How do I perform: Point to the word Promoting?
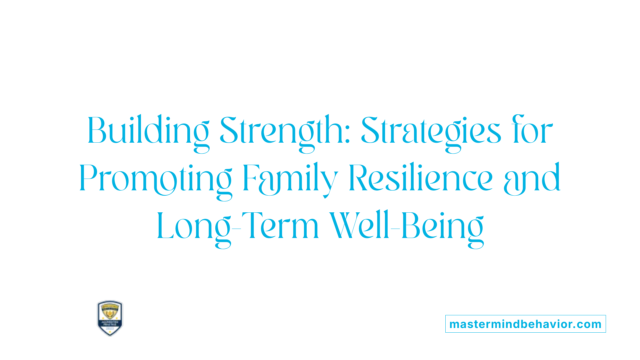click(x=155, y=179)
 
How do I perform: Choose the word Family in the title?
click(x=290, y=179)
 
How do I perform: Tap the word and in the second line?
click(x=532, y=179)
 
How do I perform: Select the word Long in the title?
click(x=194, y=227)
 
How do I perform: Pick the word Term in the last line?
click(x=280, y=226)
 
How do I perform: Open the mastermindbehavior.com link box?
click(x=525, y=324)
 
